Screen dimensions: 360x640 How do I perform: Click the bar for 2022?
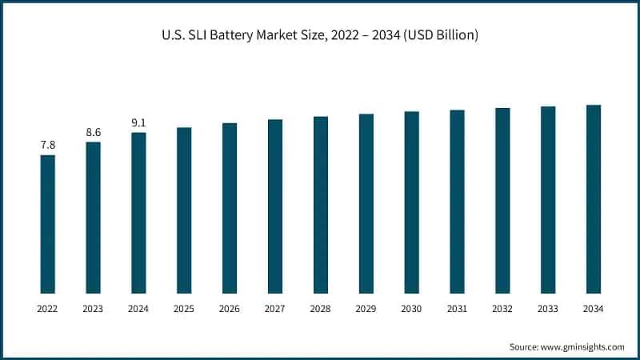(x=48, y=224)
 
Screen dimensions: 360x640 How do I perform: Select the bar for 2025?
(x=184, y=210)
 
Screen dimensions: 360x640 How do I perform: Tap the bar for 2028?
(x=321, y=204)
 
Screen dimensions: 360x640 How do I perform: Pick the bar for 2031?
(x=457, y=201)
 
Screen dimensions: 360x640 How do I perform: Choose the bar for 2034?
(x=594, y=198)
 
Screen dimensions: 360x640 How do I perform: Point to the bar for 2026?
(x=230, y=207)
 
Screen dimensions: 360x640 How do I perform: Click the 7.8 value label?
(x=48, y=145)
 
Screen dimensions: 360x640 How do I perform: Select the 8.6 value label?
(x=94, y=132)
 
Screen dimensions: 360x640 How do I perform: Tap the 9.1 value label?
(x=138, y=122)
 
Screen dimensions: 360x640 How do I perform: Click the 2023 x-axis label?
(x=94, y=309)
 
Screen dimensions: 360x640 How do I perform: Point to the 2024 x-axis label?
(x=138, y=309)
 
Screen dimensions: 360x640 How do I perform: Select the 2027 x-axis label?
(x=275, y=309)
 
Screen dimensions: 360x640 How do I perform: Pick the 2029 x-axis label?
(x=366, y=309)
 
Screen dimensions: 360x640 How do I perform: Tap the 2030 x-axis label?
(x=411, y=309)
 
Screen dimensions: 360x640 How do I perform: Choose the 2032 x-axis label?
(x=502, y=309)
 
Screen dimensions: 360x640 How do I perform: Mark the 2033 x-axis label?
(x=548, y=309)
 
